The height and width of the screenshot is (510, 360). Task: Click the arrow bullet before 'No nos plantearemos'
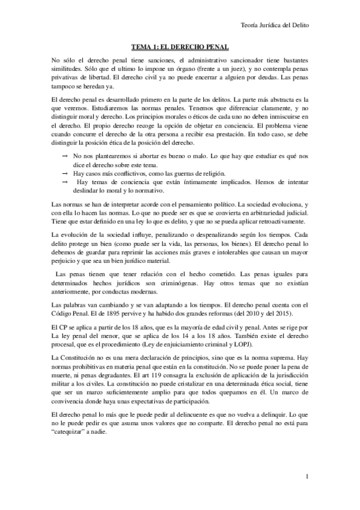pyautogui.click(x=64, y=156)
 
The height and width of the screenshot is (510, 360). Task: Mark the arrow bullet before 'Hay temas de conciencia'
pyautogui.click(x=64, y=182)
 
